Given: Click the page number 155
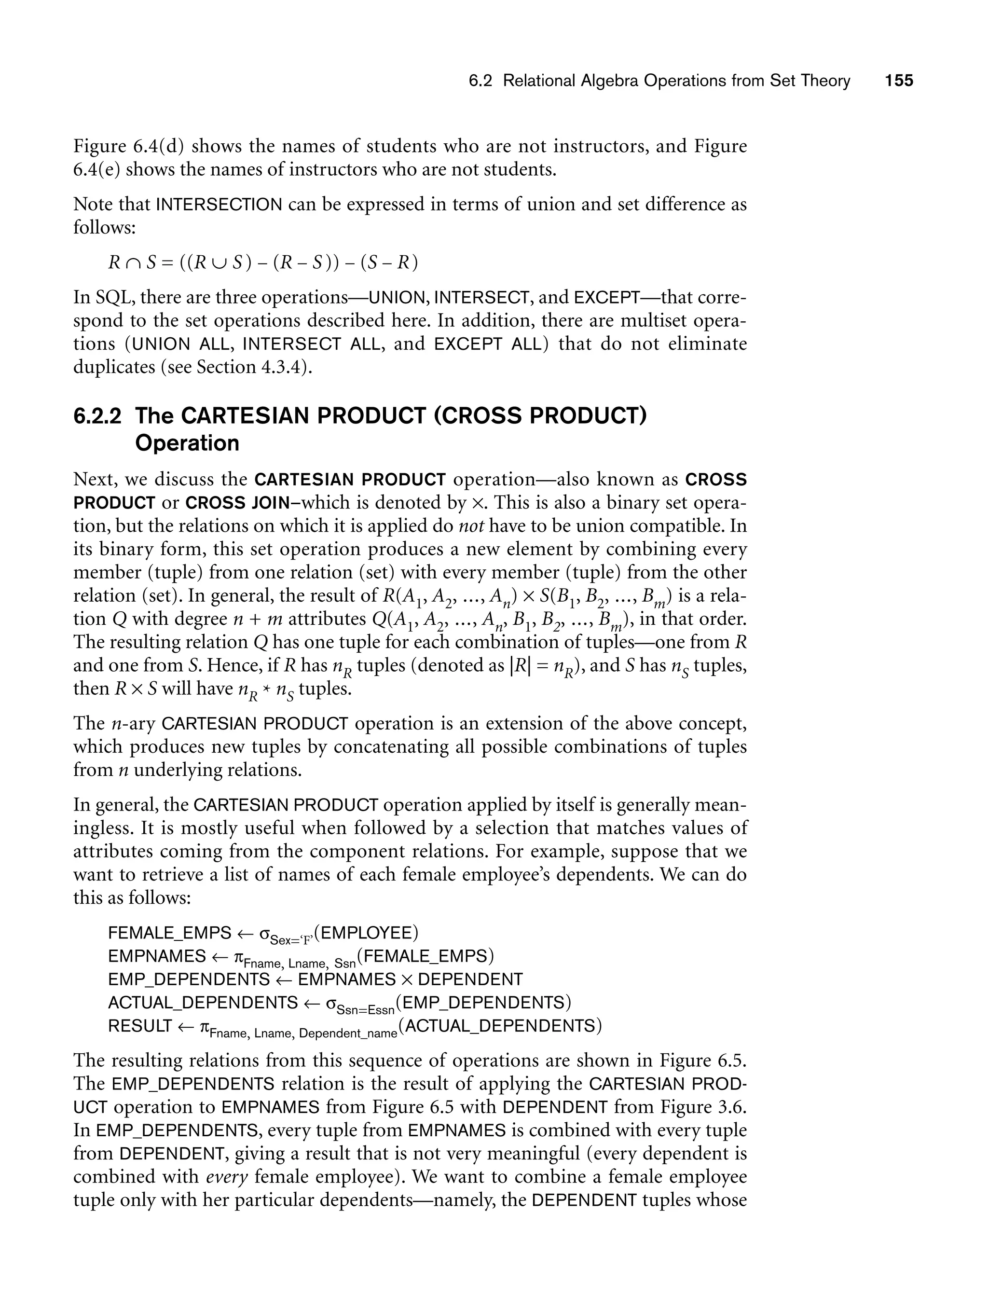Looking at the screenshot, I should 899,81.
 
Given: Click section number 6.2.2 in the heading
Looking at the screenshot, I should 97,416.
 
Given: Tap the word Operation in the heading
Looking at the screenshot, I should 187,443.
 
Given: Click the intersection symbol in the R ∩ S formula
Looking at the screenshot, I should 134,262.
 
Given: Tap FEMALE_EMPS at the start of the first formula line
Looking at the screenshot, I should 170,933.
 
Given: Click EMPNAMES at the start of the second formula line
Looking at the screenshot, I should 157,956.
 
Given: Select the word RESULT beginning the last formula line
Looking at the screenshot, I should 140,1026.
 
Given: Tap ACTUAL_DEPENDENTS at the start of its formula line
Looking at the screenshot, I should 203,1003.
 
